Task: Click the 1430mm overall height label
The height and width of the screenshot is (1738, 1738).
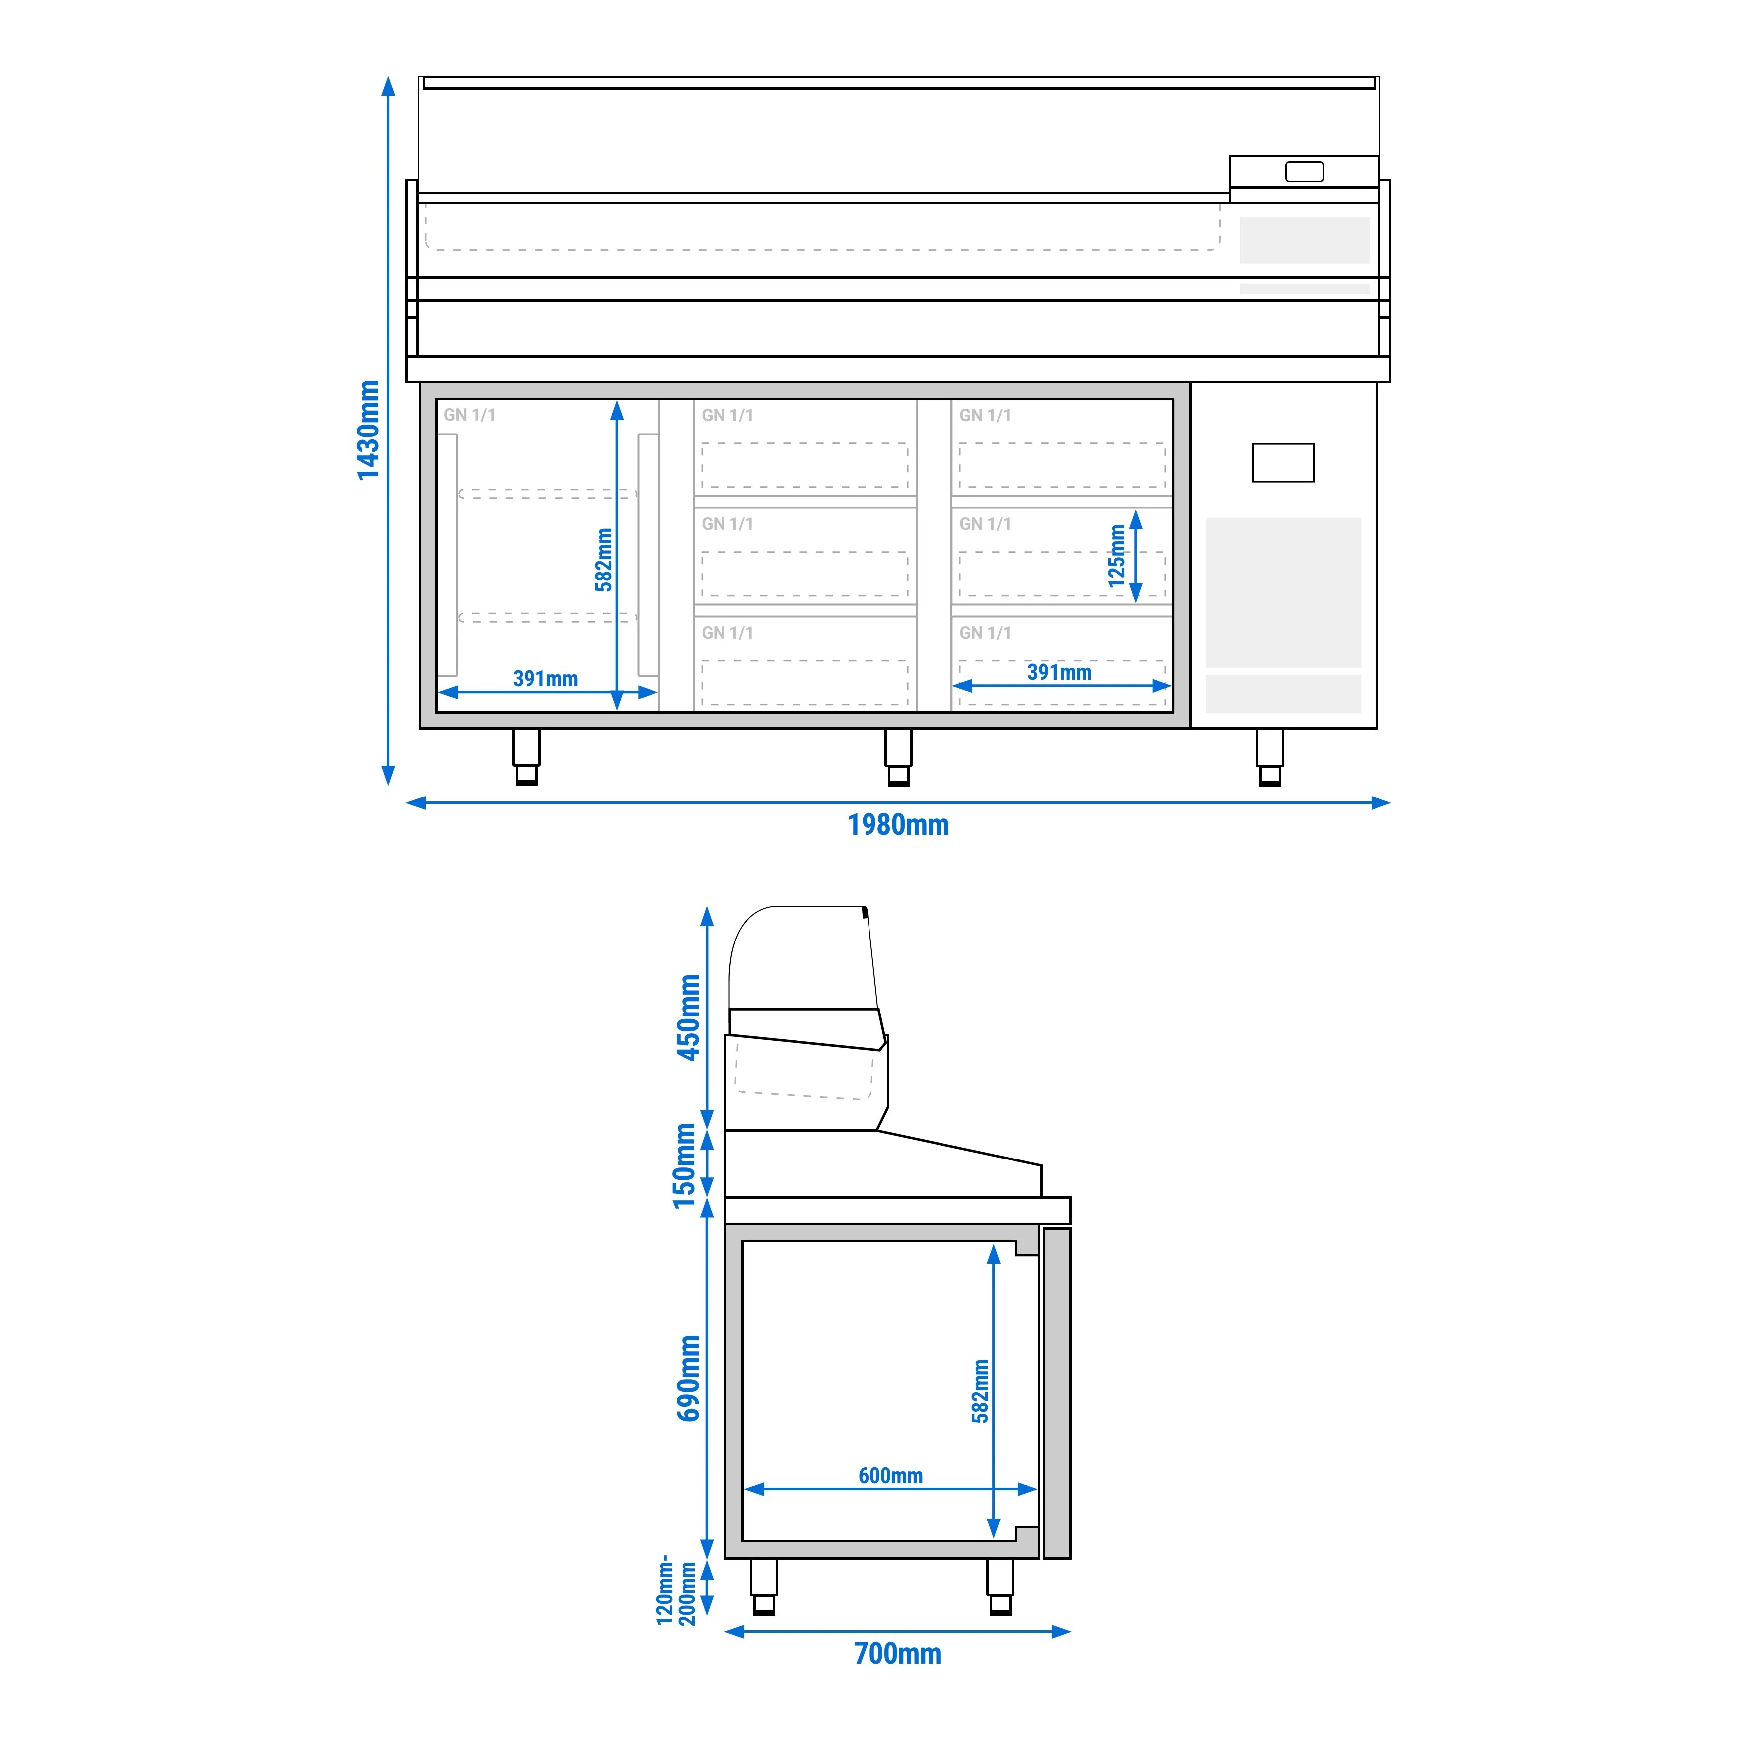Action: click(368, 431)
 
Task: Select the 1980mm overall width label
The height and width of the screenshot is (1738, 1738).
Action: click(898, 825)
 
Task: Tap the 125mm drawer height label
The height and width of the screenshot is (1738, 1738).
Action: click(1116, 557)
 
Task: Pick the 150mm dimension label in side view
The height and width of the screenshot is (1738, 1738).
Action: click(685, 1166)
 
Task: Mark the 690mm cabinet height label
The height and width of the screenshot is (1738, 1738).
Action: click(689, 1378)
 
